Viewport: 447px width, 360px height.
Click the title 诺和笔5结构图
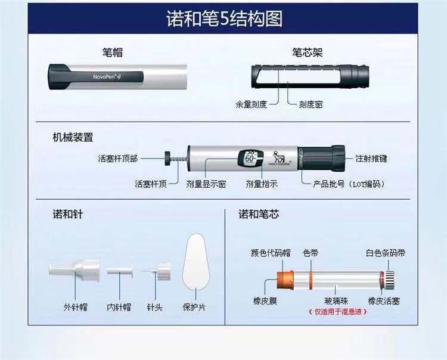coord(223,18)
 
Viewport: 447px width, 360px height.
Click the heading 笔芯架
coord(306,52)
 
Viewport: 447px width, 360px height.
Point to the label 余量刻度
coord(252,103)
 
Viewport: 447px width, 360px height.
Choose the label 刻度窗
coord(310,103)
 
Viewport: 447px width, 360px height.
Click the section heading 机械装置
coord(73,138)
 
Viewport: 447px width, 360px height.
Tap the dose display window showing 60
coord(250,159)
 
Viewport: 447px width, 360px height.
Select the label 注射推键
coord(371,159)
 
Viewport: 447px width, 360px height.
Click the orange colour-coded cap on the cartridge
coord(284,278)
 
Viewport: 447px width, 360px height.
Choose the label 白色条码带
coord(386,253)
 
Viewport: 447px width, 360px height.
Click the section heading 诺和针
coord(67,213)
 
